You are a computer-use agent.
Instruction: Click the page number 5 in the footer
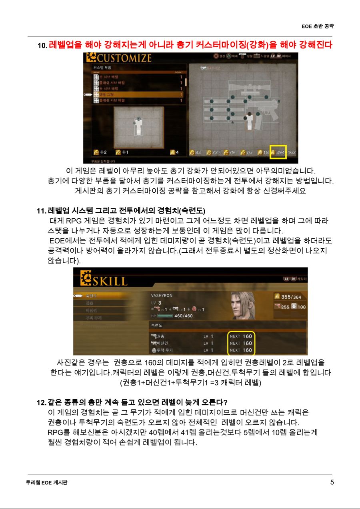[332, 482]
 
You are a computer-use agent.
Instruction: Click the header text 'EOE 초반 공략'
[318, 26]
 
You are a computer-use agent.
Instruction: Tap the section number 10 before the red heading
[42, 46]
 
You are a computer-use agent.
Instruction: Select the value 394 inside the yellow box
[280, 152]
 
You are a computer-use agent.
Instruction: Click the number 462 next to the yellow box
[292, 152]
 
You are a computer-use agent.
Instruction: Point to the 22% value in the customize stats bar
[216, 152]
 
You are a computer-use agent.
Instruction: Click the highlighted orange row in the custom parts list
[138, 94]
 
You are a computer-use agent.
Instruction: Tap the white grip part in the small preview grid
[138, 127]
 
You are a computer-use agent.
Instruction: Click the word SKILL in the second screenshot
[110, 280]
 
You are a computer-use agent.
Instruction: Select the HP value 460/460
[184, 316]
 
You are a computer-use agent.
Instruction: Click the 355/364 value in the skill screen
[291, 297]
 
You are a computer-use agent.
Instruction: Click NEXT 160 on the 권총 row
[241, 336]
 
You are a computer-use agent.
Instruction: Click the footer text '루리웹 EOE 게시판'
[44, 483]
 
